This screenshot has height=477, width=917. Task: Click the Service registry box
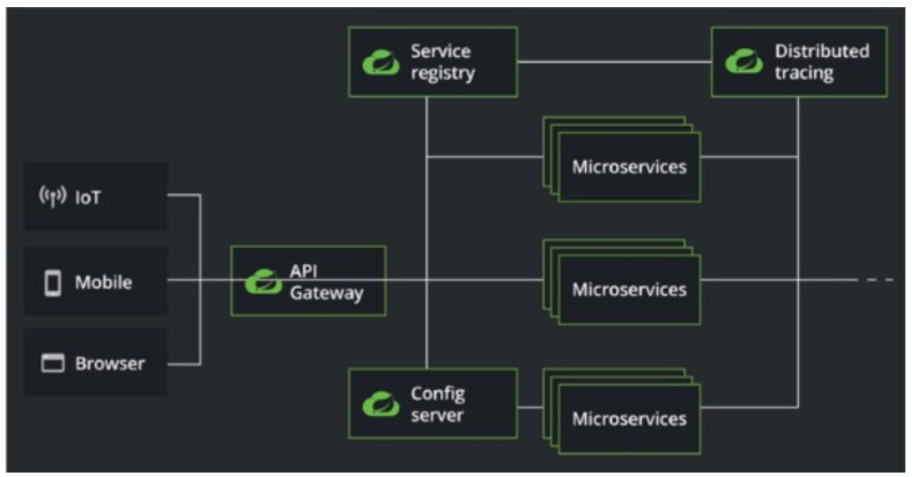432,61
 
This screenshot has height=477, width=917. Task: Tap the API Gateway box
308,281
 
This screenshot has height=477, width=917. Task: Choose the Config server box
432,403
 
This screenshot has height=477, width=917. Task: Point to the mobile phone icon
53,282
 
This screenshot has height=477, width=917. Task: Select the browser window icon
53,363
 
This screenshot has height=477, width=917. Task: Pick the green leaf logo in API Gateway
264,281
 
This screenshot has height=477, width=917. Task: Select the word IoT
88,197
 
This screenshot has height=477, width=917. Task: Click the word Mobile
103,282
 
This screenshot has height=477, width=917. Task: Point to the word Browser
109,363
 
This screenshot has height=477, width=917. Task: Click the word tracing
803,73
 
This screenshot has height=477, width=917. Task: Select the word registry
442,73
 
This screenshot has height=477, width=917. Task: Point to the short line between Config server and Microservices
530,407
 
